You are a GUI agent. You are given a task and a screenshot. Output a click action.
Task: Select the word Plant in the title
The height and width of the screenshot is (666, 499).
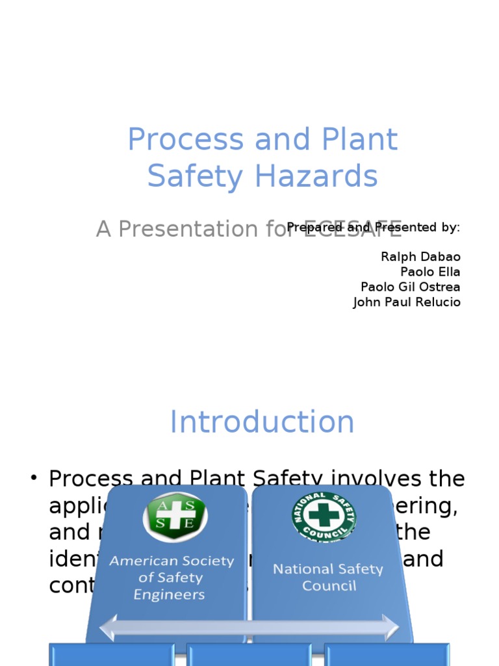[x=361, y=140]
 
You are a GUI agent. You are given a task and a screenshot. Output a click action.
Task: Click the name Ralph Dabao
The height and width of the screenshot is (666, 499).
[x=420, y=257]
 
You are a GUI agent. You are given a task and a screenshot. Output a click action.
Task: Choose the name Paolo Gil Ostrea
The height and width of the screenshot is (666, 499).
[x=410, y=287]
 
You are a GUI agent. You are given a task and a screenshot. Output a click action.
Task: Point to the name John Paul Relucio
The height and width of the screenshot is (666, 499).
[x=407, y=302]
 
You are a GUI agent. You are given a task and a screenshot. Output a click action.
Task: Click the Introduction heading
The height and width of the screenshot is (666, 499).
[x=262, y=422]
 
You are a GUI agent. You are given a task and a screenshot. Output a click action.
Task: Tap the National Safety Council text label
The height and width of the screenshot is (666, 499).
[x=328, y=577]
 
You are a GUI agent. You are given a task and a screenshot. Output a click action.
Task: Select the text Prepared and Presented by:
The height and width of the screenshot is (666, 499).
[x=374, y=227]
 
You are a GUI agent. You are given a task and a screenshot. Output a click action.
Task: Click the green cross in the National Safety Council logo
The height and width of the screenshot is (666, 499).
[x=323, y=516]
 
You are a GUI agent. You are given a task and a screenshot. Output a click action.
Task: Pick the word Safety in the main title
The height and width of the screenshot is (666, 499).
[x=185, y=176]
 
